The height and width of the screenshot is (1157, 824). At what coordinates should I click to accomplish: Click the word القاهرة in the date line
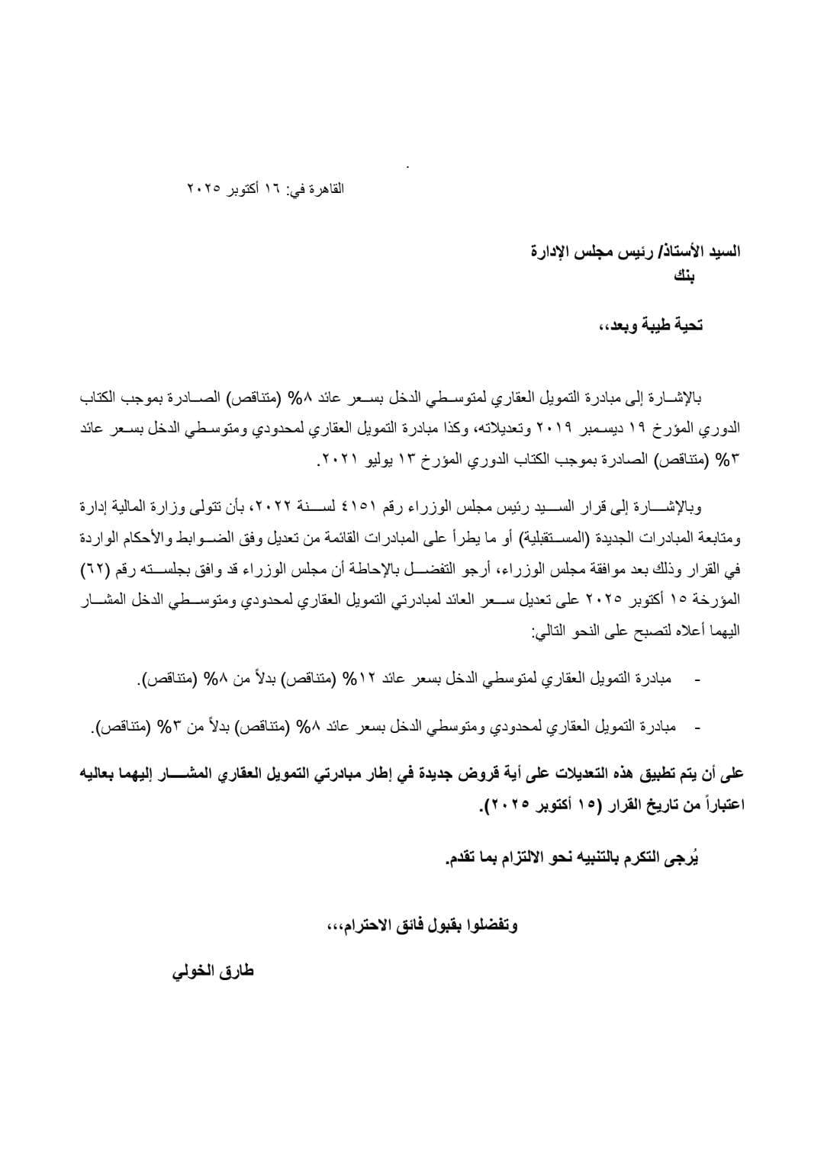[326, 188]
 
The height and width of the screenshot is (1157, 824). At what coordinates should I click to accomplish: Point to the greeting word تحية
[684, 326]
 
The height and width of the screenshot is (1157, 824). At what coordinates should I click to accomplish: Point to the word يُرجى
[684, 859]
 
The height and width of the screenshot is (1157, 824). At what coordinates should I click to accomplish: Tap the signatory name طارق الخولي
[214, 972]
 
